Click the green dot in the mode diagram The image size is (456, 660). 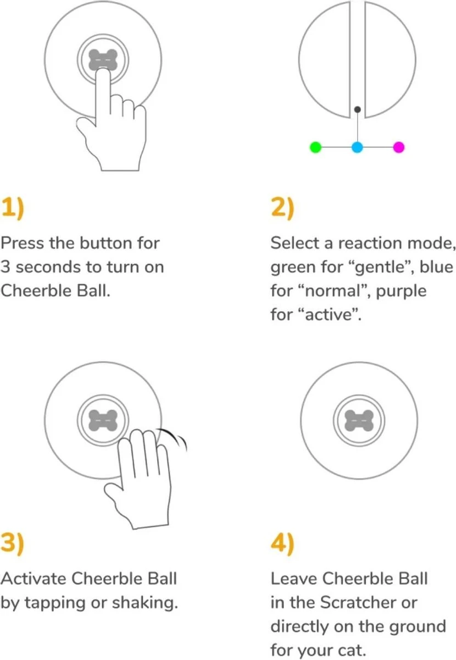tap(315, 147)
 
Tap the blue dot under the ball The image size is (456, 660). tap(357, 147)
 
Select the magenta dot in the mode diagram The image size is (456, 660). tap(399, 147)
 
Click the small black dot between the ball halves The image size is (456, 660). tap(357, 109)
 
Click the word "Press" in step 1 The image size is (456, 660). tap(23, 243)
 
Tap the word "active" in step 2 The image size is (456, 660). tap(332, 315)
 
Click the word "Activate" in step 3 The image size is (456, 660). tap(34, 579)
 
